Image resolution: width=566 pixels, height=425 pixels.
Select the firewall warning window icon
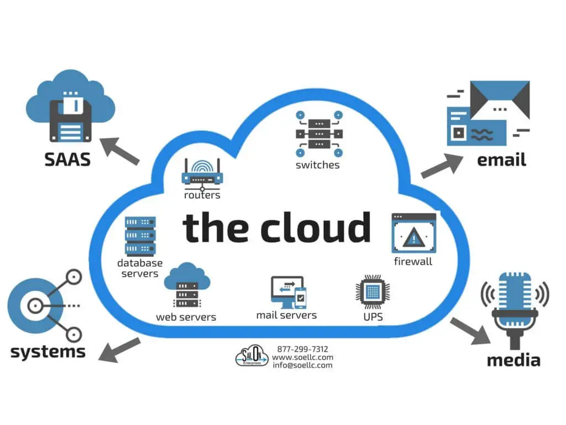point(413,233)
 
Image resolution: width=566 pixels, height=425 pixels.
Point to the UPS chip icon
point(373,292)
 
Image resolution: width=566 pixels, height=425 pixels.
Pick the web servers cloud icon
point(187,286)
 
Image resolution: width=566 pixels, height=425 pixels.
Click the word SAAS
point(67,159)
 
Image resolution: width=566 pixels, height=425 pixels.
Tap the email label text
point(501,159)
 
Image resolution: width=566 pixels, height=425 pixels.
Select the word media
point(513,360)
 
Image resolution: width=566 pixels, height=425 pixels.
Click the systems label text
point(48,351)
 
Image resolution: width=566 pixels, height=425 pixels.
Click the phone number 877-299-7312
point(302,349)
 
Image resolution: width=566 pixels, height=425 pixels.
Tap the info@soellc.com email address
point(302,365)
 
